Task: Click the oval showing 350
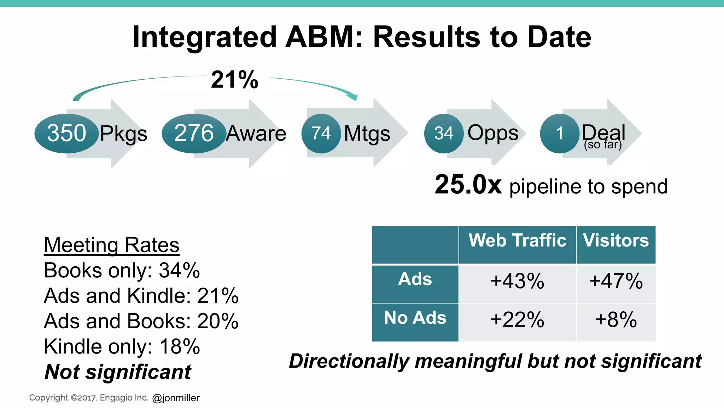(x=66, y=133)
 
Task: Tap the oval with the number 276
(x=194, y=133)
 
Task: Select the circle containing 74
(x=321, y=133)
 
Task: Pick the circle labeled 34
(x=444, y=133)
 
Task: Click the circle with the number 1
(x=559, y=133)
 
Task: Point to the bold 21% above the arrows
(x=235, y=80)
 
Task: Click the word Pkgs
(x=123, y=134)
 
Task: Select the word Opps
(x=493, y=133)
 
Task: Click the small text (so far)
(x=603, y=145)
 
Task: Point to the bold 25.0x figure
(x=468, y=185)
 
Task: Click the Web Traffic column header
(x=517, y=240)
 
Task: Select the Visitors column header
(x=616, y=240)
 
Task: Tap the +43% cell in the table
(x=517, y=281)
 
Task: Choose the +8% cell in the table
(x=616, y=320)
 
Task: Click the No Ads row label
(x=415, y=318)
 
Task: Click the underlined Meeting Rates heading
(x=112, y=245)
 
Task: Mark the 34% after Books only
(x=179, y=271)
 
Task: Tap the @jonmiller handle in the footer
(x=176, y=398)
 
